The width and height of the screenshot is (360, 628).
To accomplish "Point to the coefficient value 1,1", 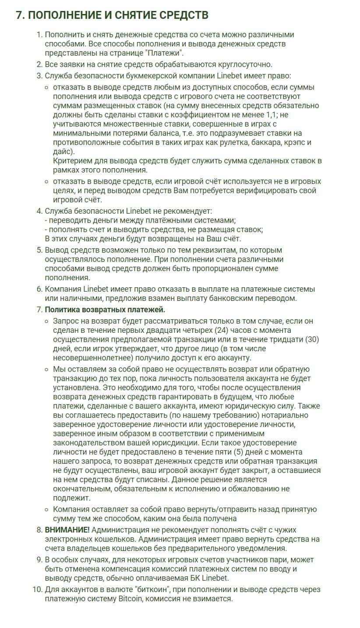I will point(271,115).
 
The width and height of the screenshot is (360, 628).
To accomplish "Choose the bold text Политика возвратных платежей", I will point(105,310).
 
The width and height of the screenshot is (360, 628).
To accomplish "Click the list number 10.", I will point(37,589).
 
